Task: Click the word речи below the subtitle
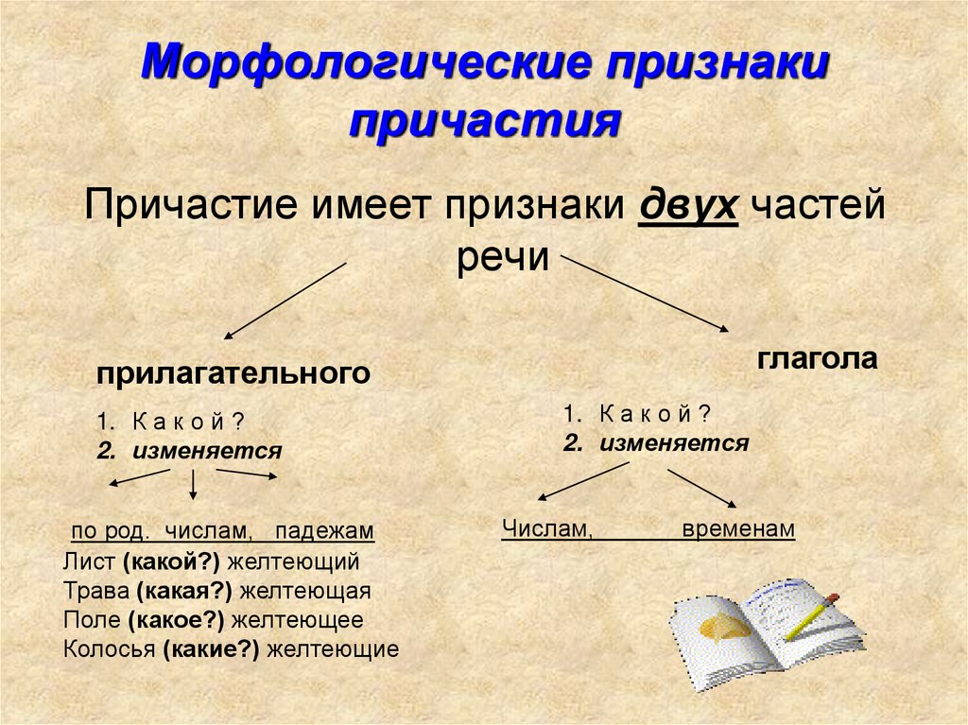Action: pyautogui.click(x=503, y=257)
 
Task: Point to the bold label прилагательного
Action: pyautogui.click(x=233, y=373)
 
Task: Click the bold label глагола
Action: pyautogui.click(x=817, y=359)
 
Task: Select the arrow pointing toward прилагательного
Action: pyautogui.click(x=285, y=301)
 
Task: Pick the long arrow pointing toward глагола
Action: pyautogui.click(x=645, y=294)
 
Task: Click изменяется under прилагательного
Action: pyautogui.click(x=207, y=451)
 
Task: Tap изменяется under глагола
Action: pyautogui.click(x=673, y=442)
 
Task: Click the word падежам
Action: pyautogui.click(x=325, y=531)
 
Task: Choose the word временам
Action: pyautogui.click(x=738, y=529)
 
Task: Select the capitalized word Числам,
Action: pyautogui.click(x=547, y=528)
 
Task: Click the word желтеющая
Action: pyautogui.click(x=305, y=591)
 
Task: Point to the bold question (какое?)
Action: pyautogui.click(x=176, y=620)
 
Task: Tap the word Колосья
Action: pyautogui.click(x=110, y=649)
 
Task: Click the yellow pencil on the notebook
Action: pyautogui.click(x=811, y=617)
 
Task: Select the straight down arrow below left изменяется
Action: pyautogui.click(x=193, y=484)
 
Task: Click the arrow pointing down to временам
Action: pyautogui.click(x=702, y=489)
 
